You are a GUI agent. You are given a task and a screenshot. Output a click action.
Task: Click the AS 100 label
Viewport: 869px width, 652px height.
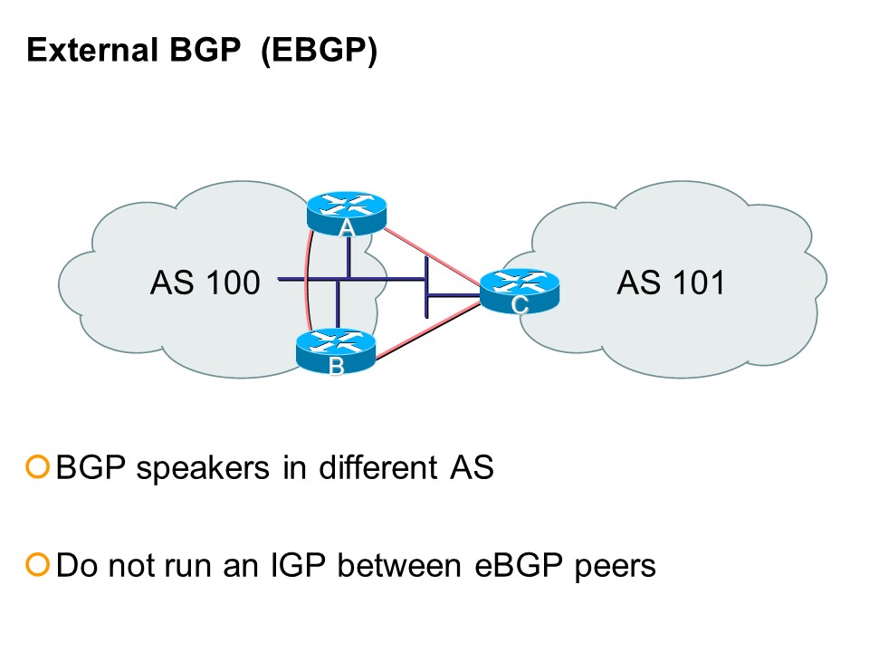point(205,283)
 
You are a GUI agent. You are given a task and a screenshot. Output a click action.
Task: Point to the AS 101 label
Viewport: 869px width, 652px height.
point(672,283)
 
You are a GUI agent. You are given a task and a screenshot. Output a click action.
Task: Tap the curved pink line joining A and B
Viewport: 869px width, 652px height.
point(306,281)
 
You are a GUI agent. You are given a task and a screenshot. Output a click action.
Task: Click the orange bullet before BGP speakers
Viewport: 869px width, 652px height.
point(37,468)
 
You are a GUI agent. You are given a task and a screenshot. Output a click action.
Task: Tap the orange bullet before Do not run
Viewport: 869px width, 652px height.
point(37,566)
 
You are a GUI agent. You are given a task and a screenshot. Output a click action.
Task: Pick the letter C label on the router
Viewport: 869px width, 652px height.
point(519,306)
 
